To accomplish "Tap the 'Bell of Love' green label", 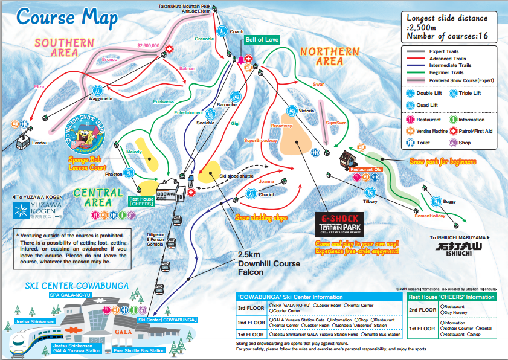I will [262, 40].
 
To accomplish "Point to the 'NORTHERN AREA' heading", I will [329, 56].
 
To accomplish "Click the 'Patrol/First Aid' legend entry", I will [475, 131].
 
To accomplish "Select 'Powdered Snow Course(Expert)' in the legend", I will [459, 80].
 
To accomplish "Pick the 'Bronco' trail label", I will [109, 60].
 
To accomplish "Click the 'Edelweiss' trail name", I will [163, 101].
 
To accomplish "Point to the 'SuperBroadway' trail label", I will [260, 140].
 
